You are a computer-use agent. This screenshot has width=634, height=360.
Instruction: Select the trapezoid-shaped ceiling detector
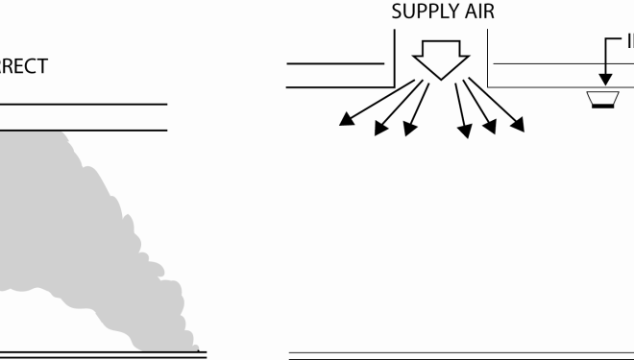603,101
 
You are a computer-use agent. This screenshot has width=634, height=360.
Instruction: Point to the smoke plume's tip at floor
198,348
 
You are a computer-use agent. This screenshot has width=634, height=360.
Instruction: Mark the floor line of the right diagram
461,354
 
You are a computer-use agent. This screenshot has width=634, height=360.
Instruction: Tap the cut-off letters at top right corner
629,43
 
